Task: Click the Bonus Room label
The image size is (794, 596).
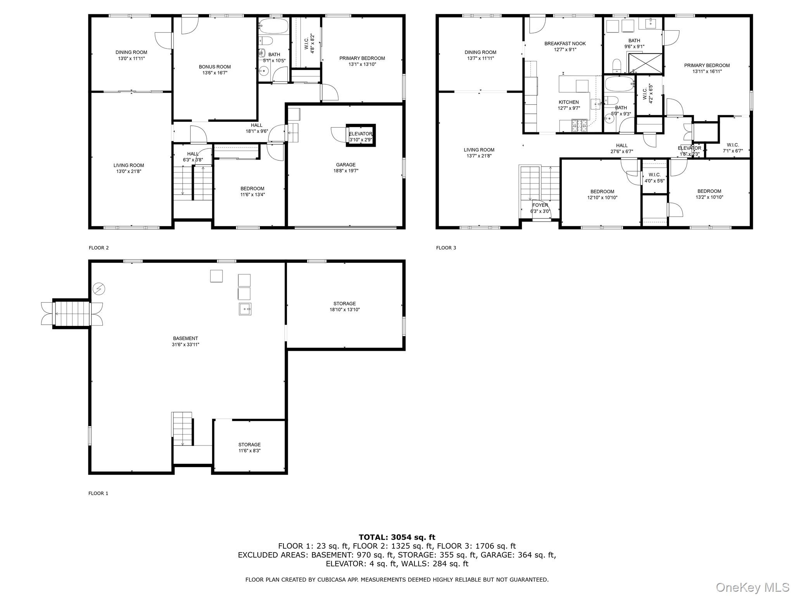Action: pyautogui.click(x=214, y=67)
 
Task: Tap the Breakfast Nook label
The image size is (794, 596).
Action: pyautogui.click(x=565, y=43)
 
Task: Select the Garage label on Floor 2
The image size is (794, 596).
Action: pyautogui.click(x=345, y=165)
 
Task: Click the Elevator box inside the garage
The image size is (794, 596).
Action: pyautogui.click(x=361, y=135)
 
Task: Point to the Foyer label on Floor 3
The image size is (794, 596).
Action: pyautogui.click(x=540, y=205)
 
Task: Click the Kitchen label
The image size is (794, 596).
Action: pyautogui.click(x=569, y=102)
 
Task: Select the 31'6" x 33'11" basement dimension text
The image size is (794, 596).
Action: pyautogui.click(x=185, y=345)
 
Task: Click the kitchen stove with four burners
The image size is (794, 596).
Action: pyautogui.click(x=579, y=125)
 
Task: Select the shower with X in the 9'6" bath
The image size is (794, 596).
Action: pyautogui.click(x=645, y=63)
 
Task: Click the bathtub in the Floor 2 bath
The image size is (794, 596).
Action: pyautogui.click(x=274, y=27)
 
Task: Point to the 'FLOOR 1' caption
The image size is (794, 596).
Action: pyautogui.click(x=98, y=494)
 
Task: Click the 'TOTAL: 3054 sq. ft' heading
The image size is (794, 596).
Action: pyautogui.click(x=397, y=537)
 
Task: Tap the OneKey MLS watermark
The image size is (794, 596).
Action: pyautogui.click(x=753, y=587)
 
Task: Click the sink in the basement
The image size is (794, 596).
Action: pyautogui.click(x=245, y=309)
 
